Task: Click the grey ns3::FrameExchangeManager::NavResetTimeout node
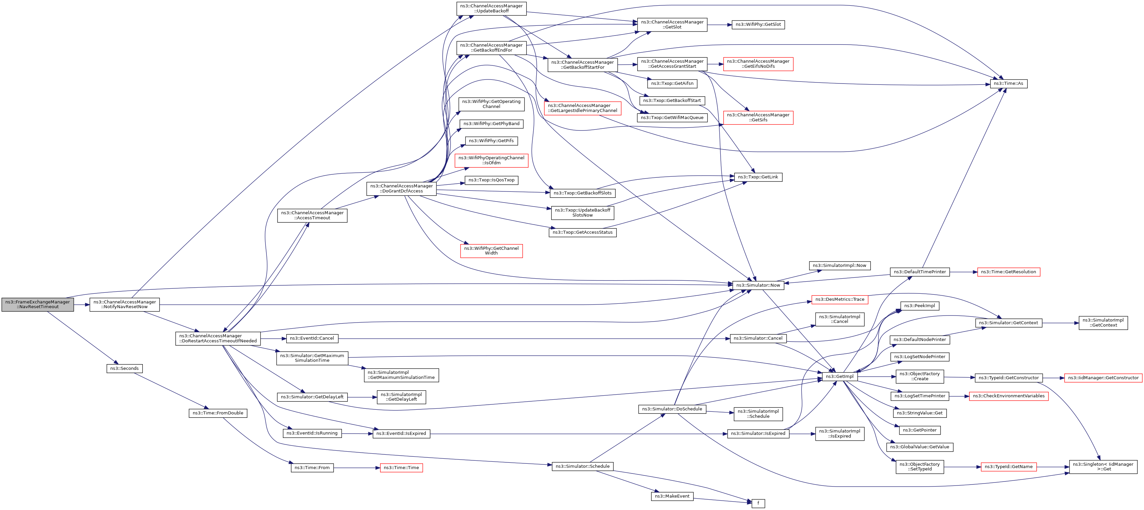(x=38, y=304)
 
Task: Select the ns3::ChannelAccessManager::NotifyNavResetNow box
(x=124, y=304)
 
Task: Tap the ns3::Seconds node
(x=124, y=368)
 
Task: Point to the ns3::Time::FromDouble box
(x=218, y=413)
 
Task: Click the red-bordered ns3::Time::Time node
(x=401, y=468)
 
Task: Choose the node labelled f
(x=758, y=503)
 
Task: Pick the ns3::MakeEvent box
(x=672, y=496)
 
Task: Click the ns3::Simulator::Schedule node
(x=583, y=466)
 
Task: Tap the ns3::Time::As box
(x=1008, y=83)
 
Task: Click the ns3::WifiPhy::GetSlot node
(x=758, y=24)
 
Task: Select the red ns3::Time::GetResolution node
(x=1008, y=272)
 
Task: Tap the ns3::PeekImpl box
(x=919, y=306)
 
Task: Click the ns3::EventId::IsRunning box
(x=312, y=433)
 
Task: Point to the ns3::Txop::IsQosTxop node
(x=491, y=180)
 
